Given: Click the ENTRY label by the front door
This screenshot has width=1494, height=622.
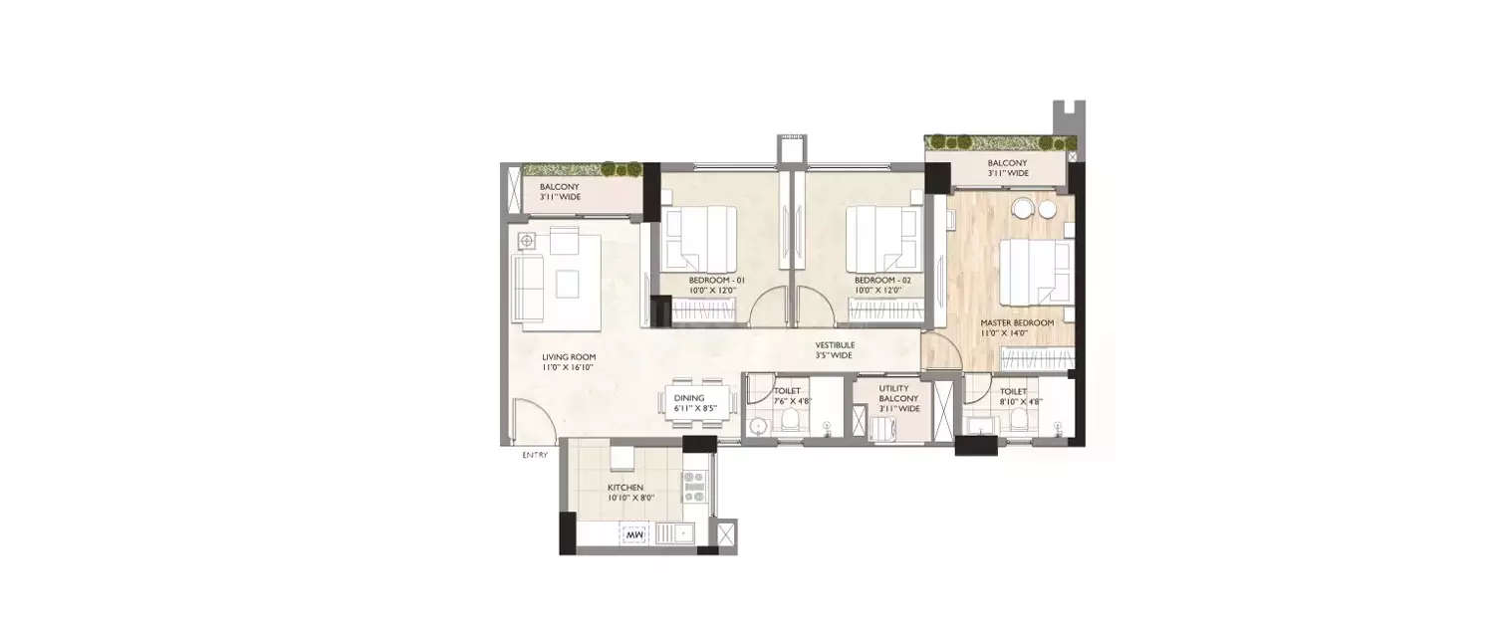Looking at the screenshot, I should (x=535, y=455).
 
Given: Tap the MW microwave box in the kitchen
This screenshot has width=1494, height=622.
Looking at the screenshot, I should (x=633, y=535).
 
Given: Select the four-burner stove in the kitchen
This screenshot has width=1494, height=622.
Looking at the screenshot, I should (x=693, y=486).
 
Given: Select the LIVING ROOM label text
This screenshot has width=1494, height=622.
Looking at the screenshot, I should (x=569, y=357).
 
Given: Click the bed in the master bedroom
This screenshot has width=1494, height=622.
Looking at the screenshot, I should (x=1036, y=272).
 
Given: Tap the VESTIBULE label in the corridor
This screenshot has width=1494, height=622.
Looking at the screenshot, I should (x=834, y=345).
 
